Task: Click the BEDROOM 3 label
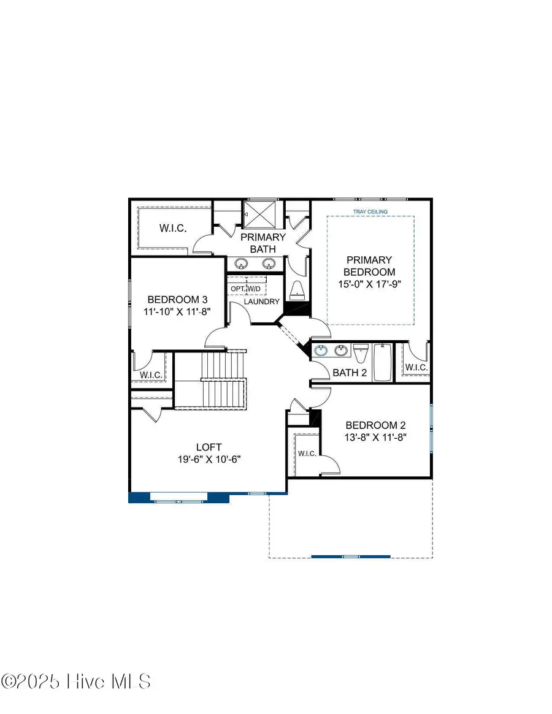(177, 299)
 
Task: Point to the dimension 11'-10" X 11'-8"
(177, 311)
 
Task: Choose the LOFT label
(209, 447)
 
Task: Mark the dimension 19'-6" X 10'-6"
(209, 459)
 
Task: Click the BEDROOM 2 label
(375, 425)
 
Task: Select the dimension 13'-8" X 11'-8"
(375, 438)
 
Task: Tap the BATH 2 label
(350, 373)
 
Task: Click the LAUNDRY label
(262, 302)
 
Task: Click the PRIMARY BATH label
(263, 243)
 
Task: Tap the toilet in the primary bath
(297, 290)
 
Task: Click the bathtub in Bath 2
(382, 362)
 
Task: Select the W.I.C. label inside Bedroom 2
(307, 454)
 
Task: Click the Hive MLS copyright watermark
(76, 681)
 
